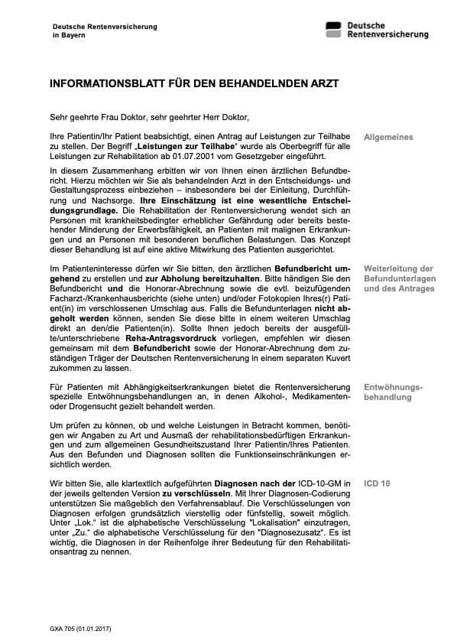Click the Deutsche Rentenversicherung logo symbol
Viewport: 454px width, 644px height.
click(333, 30)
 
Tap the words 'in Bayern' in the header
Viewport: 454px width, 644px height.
click(69, 36)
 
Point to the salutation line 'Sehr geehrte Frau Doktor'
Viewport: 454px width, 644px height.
click(95, 117)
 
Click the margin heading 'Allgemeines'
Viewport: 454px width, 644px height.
click(388, 138)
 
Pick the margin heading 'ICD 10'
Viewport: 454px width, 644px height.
click(377, 484)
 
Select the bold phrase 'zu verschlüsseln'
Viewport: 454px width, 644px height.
click(195, 493)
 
